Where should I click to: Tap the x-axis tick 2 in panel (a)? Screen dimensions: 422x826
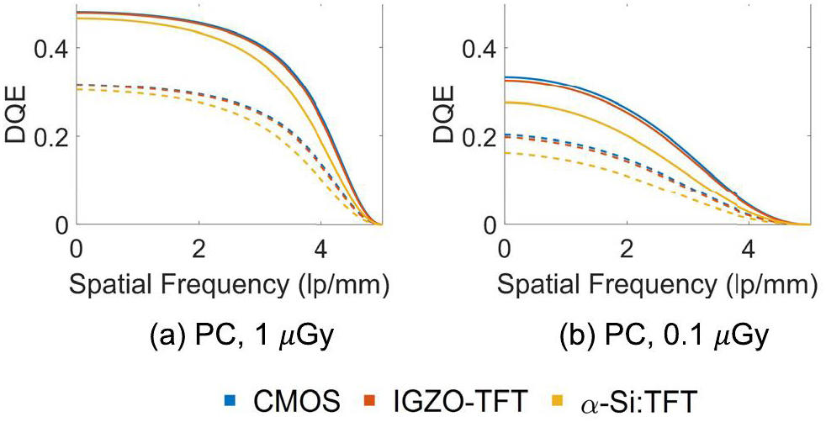point(199,250)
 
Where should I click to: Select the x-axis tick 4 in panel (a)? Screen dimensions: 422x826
point(320,250)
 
